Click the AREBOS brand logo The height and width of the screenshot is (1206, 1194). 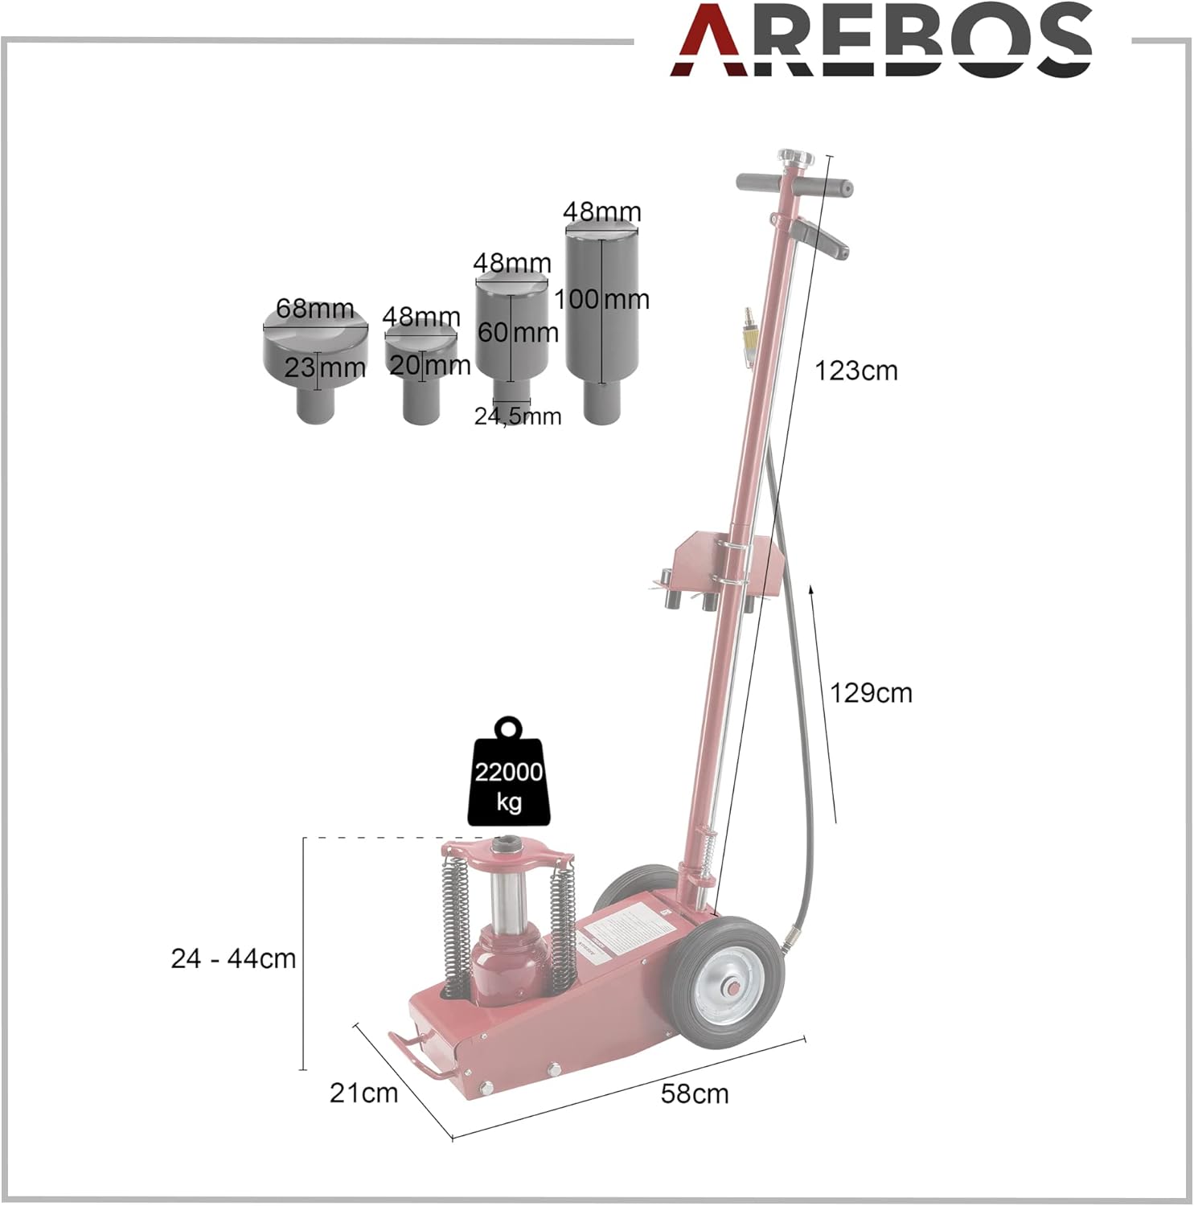881,39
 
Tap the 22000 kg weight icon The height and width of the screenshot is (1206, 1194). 508,771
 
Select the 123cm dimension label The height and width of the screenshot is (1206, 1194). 856,371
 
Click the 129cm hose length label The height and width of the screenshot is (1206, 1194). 871,693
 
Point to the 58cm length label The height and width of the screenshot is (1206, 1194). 695,1093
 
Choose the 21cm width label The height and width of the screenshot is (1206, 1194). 363,1093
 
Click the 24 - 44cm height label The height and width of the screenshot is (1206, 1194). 233,958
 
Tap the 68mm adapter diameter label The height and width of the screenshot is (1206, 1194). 314,308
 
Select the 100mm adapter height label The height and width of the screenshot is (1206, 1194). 601,299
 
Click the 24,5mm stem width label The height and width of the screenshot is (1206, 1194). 518,416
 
